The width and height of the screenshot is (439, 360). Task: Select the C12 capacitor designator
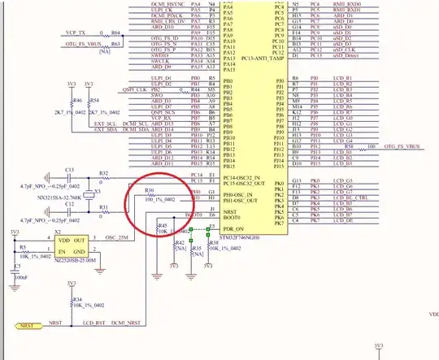(70, 214)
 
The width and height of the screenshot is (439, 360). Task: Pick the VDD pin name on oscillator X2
(61, 242)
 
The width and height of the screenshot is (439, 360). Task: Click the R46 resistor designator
(78, 100)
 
